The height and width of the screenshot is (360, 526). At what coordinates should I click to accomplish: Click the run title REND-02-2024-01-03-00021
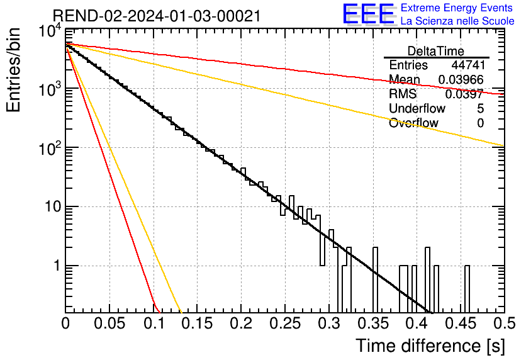coord(157,16)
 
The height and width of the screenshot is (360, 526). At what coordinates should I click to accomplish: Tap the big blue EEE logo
coord(368,14)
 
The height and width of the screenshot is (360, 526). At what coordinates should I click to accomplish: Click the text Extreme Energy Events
coord(457,8)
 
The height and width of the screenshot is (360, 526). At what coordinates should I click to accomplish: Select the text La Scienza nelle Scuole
coord(457,21)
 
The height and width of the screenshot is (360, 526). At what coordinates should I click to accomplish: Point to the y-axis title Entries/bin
coord(13,70)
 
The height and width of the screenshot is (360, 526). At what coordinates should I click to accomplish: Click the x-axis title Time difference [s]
coord(430,346)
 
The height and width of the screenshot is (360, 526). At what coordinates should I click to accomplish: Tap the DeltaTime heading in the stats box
coord(436,51)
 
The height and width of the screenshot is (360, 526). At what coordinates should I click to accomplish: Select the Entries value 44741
coord(468,65)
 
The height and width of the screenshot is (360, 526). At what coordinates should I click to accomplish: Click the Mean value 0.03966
coord(461,79)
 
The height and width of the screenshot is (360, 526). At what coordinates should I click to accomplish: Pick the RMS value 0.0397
coord(464,94)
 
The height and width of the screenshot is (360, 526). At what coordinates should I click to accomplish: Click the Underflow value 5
coord(480,108)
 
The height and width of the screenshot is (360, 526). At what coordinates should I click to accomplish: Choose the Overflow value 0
coord(480,123)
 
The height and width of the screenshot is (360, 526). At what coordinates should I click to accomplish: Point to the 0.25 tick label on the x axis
coord(285,323)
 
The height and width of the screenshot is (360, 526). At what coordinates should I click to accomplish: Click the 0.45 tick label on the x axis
coord(461,323)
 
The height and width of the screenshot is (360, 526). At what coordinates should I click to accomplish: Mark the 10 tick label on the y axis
coord(53,206)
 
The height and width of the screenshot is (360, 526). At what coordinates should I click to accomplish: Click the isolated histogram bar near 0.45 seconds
coord(467,288)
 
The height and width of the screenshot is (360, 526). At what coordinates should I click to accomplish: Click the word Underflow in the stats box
coord(417,108)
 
